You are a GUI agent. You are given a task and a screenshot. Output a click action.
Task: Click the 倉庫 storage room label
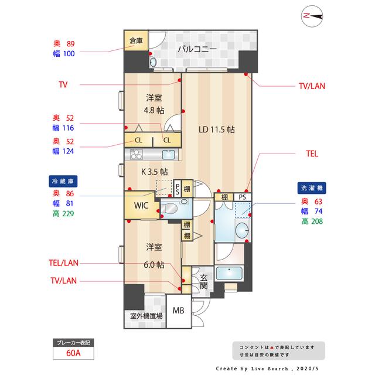pyautogui.click(x=136, y=40)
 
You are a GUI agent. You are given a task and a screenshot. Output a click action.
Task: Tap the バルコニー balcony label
pyautogui.click(x=197, y=49)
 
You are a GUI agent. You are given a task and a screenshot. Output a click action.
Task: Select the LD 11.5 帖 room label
pyautogui.click(x=217, y=129)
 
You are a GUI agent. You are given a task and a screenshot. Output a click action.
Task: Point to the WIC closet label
pyautogui.click(x=141, y=206)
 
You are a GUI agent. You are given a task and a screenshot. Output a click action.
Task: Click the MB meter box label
pyautogui.click(x=178, y=311)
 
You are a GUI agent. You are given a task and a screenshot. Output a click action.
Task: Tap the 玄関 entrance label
pyautogui.click(x=203, y=282)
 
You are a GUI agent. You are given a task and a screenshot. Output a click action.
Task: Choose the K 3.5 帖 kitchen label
pyautogui.click(x=155, y=172)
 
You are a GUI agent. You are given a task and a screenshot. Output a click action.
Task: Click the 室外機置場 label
pyautogui.click(x=146, y=316)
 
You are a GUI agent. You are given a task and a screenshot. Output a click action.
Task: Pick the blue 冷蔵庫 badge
pyautogui.click(x=63, y=181)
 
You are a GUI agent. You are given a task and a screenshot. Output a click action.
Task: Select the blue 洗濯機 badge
pyautogui.click(x=312, y=188)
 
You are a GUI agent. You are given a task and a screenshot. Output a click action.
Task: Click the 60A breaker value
pyautogui.click(x=73, y=353)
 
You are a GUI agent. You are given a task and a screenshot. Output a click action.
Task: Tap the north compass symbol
pyautogui.click(x=312, y=16)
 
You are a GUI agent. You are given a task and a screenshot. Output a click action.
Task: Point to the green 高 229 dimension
pyautogui.click(x=63, y=213)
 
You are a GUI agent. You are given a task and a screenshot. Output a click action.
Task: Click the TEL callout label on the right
pyautogui.click(x=312, y=154)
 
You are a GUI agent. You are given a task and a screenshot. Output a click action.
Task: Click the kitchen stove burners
pyautogui.click(x=137, y=154)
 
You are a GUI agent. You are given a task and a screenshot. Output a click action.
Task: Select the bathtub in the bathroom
pyautogui.click(x=229, y=274)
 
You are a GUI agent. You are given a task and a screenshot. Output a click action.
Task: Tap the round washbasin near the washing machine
pyautogui.click(x=242, y=230)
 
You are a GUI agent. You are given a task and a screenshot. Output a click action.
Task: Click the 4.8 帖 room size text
pyautogui.click(x=154, y=110)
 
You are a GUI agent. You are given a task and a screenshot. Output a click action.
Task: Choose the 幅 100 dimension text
pyautogui.click(x=64, y=53)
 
